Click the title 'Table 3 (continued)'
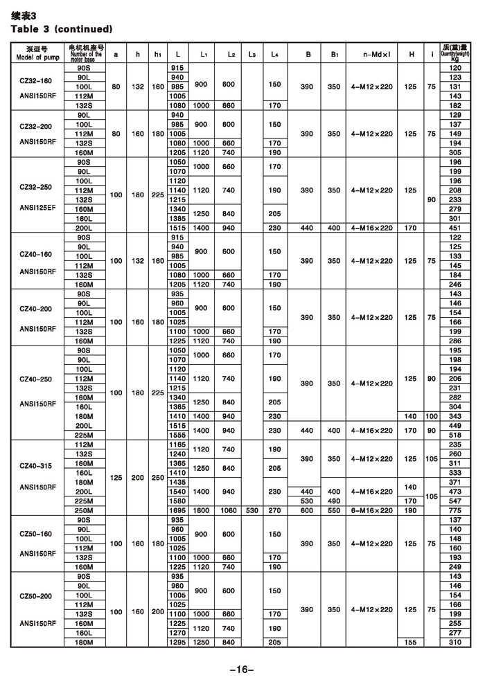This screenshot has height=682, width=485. tap(60, 29)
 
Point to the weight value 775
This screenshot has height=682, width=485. tap(455, 510)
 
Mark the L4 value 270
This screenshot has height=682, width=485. tap(275, 510)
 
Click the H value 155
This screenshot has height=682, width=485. tap(412, 643)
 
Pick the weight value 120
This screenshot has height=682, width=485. tap(455, 68)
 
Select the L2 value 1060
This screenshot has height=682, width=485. tap(229, 510)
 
